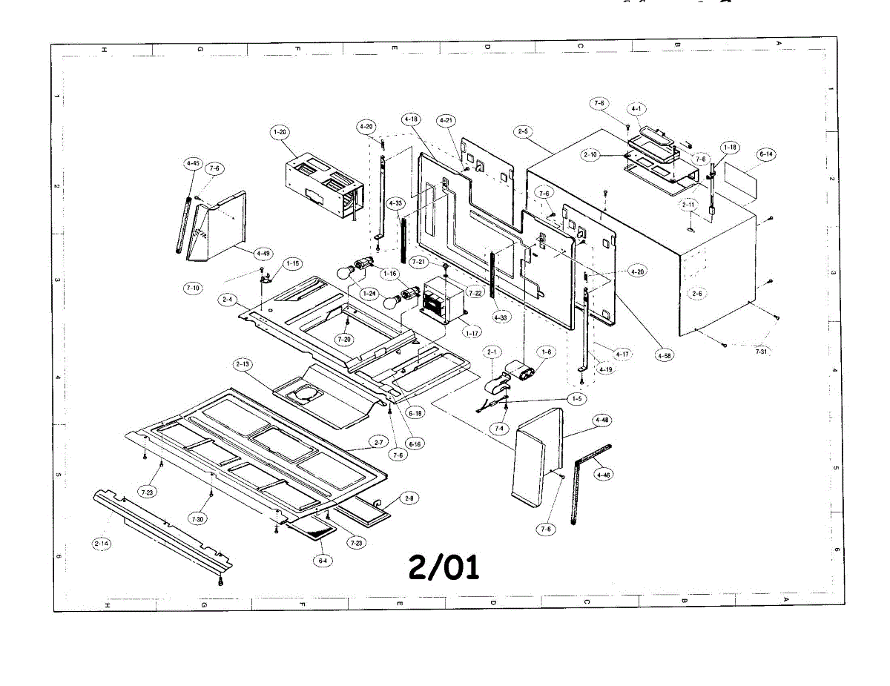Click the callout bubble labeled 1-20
tap(280, 132)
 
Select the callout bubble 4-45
tap(192, 162)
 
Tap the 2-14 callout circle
tap(102, 544)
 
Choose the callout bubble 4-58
tap(665, 356)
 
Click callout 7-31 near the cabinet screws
tap(762, 352)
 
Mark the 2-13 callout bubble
tap(243, 364)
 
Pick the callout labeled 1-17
tap(472, 333)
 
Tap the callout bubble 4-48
tap(602, 420)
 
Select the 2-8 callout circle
tap(409, 498)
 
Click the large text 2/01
tap(444, 567)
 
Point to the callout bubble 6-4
tap(322, 561)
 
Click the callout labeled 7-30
tap(197, 519)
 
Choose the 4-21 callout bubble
tap(446, 120)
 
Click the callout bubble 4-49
tap(262, 254)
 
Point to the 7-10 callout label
tap(193, 287)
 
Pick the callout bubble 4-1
tap(636, 108)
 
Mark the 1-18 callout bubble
tap(730, 148)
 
